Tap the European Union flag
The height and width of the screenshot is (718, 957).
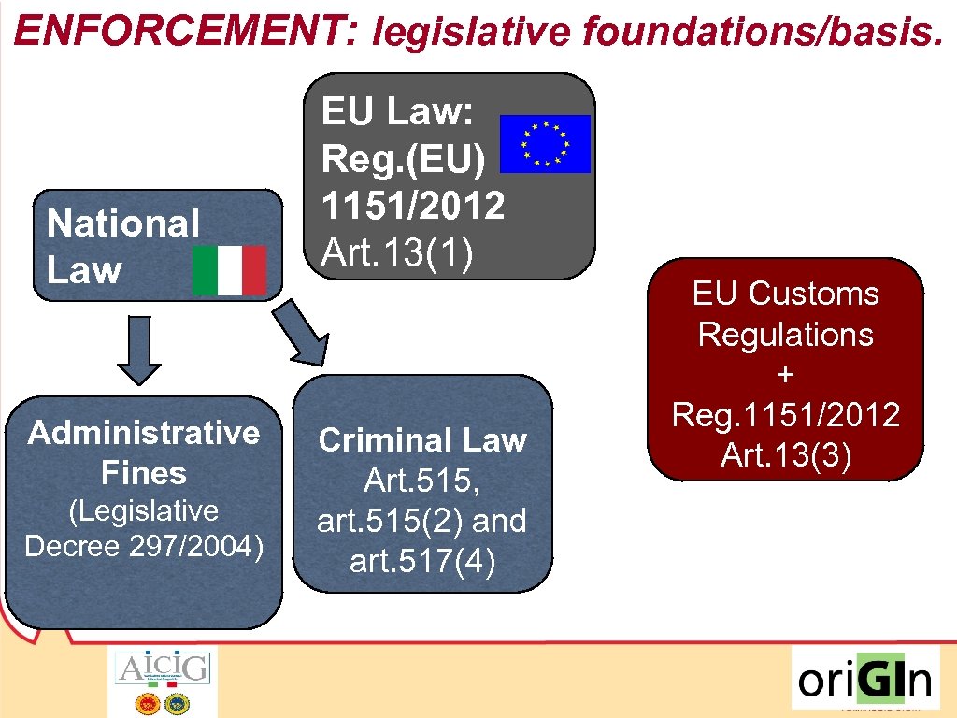point(546,144)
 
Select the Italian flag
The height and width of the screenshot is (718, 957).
point(229,271)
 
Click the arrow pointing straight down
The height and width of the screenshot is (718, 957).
point(140,350)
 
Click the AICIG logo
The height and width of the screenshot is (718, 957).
point(163,682)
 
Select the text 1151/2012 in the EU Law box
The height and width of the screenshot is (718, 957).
point(413,207)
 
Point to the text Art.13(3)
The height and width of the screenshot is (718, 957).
point(786,455)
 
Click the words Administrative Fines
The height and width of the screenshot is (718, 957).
point(144,452)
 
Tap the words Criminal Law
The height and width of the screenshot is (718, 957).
point(422,440)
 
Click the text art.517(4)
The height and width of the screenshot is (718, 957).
point(422,563)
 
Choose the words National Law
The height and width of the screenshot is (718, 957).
point(123,247)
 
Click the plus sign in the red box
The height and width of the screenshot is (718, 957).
point(786,374)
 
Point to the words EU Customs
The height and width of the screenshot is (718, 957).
point(786,294)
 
